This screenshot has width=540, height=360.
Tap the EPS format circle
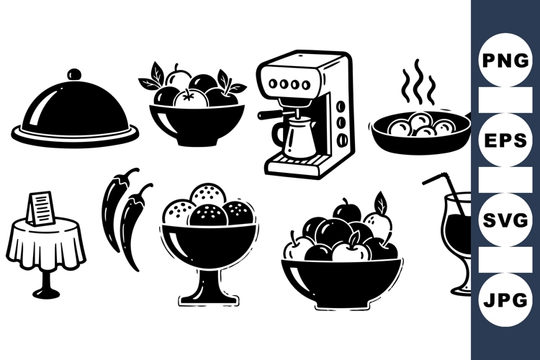505,140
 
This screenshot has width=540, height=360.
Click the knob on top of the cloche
74,75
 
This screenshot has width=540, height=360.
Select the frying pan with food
418,133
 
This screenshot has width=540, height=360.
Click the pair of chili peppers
126,212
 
